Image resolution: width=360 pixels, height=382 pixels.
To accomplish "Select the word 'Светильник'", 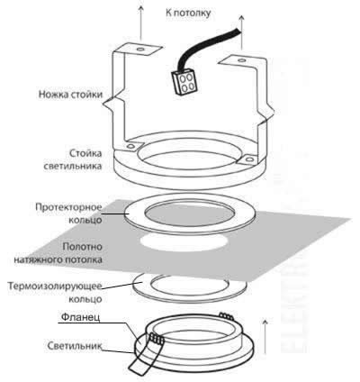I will pyautogui.click(x=74, y=345).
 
